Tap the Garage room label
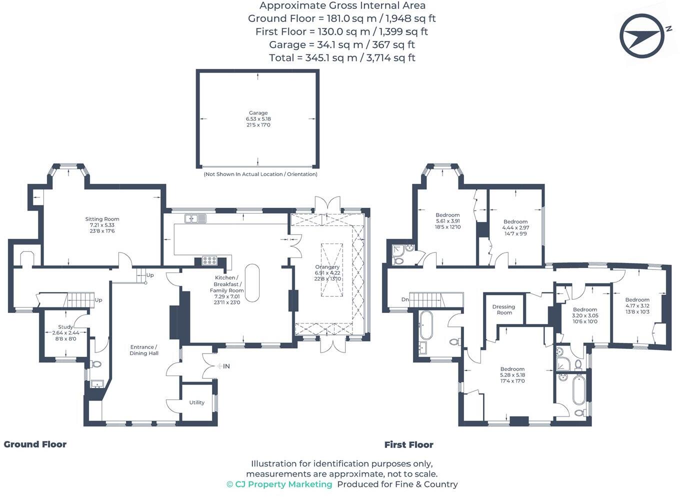(x=258, y=113)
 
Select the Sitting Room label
(x=102, y=219)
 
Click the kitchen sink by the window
(x=195, y=218)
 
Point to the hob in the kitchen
(x=209, y=260)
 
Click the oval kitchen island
(x=252, y=282)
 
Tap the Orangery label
(x=327, y=267)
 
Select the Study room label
(x=65, y=327)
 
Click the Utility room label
(x=196, y=402)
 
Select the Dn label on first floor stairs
(x=404, y=300)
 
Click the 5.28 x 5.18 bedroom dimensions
(x=512, y=375)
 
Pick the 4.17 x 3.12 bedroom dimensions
(x=637, y=306)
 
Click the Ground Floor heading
(x=35, y=444)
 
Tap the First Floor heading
(x=408, y=444)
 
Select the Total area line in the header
(x=342, y=57)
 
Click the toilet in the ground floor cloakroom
(x=96, y=364)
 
